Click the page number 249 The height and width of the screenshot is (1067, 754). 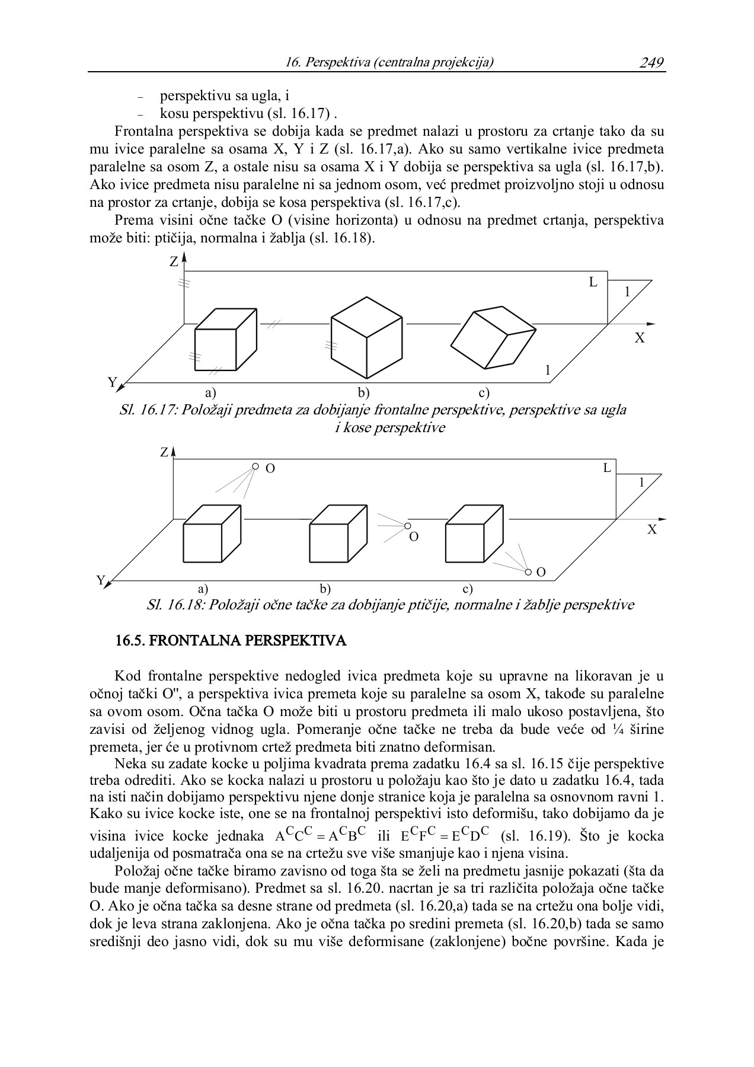651,62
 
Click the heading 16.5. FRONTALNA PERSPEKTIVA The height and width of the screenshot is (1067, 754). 231,641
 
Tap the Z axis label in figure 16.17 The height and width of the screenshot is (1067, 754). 174,261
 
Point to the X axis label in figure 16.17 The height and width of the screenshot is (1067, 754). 640,338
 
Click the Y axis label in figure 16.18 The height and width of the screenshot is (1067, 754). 101,580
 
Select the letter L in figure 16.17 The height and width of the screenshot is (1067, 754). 593,283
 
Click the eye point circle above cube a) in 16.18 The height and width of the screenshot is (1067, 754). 255,467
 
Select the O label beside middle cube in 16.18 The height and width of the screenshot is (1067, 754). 414,537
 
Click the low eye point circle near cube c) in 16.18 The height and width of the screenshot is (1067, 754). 528,572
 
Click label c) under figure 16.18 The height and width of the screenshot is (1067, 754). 468,589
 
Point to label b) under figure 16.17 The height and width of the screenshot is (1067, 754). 363,393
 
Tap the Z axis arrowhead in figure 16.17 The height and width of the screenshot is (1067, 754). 185,257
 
